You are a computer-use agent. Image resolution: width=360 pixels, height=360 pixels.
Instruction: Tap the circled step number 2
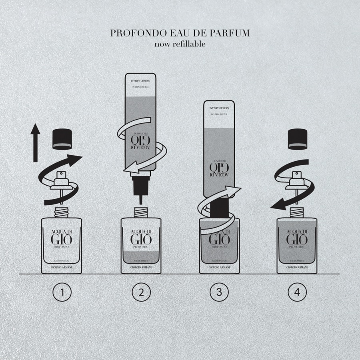[140, 293]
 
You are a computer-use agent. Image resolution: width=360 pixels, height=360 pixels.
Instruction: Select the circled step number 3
[219, 293]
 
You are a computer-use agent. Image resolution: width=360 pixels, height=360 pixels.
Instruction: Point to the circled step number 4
[297, 293]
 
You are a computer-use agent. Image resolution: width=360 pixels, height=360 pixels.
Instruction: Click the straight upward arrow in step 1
[35, 142]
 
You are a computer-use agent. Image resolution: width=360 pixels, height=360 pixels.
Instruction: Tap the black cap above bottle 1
[62, 138]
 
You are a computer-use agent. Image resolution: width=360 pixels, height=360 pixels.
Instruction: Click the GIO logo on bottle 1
[62, 239]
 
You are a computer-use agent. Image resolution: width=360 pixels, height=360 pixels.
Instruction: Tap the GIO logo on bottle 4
[297, 239]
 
